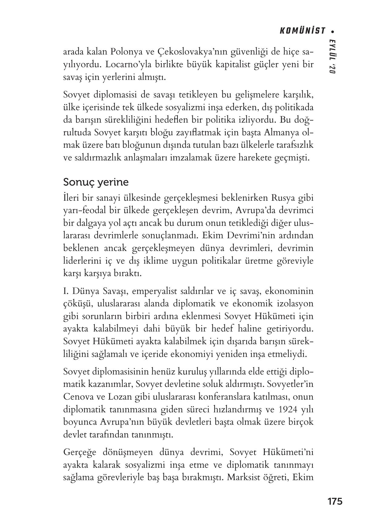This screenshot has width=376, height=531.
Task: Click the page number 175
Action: [x=334, y=501]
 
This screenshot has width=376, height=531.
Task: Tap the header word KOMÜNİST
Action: [x=302, y=31]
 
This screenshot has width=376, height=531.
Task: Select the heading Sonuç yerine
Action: [x=96, y=183]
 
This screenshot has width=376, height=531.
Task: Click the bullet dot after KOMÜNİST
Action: [x=333, y=31]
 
